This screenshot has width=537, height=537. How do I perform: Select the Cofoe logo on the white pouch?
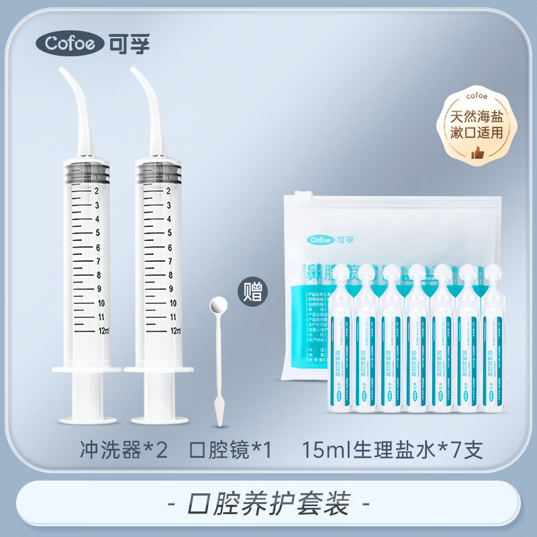tap(329, 239)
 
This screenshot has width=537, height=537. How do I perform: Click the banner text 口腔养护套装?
tap(268, 501)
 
